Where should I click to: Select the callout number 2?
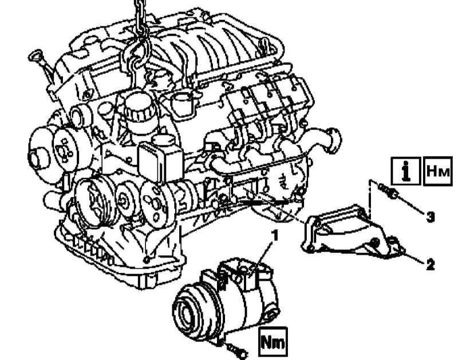pos(430,265)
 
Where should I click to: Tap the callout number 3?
pos(430,217)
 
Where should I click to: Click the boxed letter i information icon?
pos(406,171)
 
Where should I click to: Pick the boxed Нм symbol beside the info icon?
pos(438,171)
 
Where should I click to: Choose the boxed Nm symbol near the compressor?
pos(273,342)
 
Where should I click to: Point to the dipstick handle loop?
pos(35,55)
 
